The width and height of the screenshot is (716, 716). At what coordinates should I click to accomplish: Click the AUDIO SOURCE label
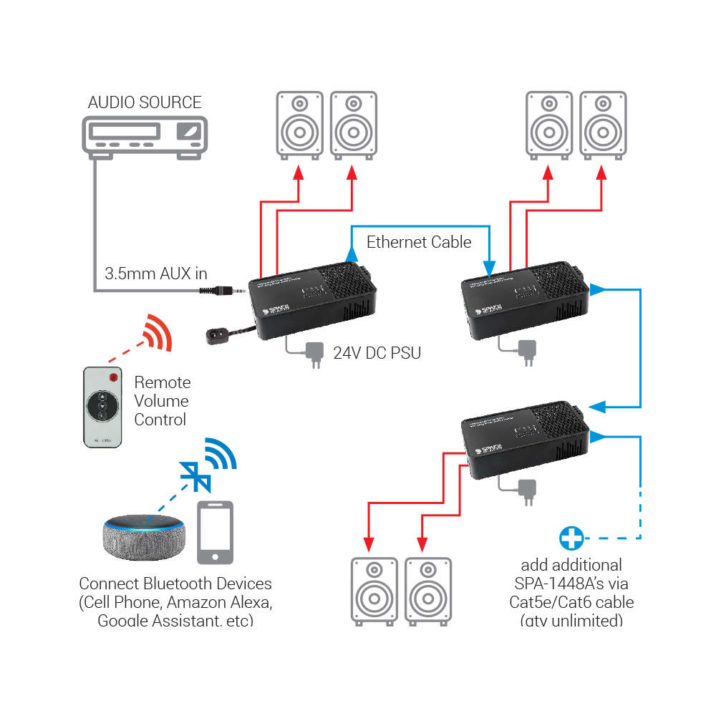[145, 102]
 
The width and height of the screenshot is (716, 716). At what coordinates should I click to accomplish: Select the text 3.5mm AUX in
[156, 273]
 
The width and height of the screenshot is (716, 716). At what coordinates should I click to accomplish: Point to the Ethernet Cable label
[419, 242]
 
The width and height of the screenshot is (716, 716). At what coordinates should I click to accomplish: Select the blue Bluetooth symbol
[193, 475]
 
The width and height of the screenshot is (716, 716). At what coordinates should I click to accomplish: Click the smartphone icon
[216, 533]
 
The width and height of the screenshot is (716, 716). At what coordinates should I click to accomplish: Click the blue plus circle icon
[571, 537]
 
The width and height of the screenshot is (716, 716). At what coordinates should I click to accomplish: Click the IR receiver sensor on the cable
[216, 334]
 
